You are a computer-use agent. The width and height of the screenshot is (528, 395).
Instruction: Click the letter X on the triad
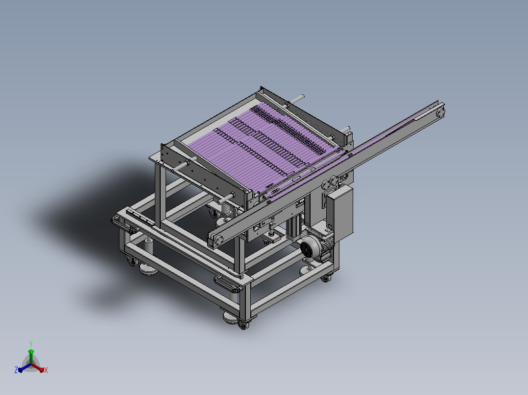point(46,370)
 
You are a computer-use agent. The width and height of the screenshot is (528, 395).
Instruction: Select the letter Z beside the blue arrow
point(16,370)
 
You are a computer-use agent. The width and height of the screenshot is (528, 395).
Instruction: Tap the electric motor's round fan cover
point(308,248)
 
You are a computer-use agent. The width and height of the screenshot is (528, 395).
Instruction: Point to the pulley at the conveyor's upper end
point(440,112)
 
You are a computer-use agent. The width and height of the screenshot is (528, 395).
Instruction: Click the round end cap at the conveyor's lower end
point(219,240)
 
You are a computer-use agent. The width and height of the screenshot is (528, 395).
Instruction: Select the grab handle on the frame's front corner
point(228,284)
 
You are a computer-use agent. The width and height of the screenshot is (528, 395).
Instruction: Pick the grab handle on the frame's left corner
point(124,225)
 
